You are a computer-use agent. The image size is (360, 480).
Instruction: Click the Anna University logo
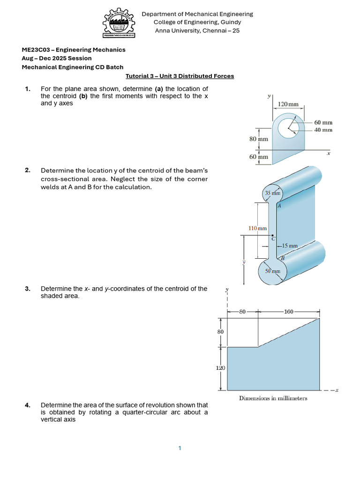tap(119, 23)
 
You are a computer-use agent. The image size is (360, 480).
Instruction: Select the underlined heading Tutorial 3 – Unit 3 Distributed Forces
tap(180, 76)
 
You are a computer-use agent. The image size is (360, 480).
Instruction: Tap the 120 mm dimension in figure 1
tap(288, 104)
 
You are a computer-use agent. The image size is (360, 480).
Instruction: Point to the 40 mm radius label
tap(323, 130)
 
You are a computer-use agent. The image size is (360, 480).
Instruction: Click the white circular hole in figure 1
tap(288, 127)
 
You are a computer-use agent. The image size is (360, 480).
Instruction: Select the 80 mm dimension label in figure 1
tap(258, 139)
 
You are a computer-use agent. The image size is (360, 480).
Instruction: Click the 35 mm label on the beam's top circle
tap(272, 193)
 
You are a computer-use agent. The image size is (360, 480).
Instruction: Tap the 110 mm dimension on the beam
tap(257, 228)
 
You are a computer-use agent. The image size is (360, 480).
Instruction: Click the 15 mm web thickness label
tap(290, 245)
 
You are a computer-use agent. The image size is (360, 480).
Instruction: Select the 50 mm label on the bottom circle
tap(272, 271)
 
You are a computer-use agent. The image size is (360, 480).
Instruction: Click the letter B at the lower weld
tap(282, 258)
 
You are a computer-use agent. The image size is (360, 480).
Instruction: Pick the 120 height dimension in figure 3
tap(220, 368)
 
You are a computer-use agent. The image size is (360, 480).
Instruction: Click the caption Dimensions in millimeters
tap(273, 398)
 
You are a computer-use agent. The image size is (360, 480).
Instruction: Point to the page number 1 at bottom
tap(180, 449)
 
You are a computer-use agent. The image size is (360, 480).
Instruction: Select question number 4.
tap(27, 405)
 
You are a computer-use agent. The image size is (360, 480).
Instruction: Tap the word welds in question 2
tap(50, 187)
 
